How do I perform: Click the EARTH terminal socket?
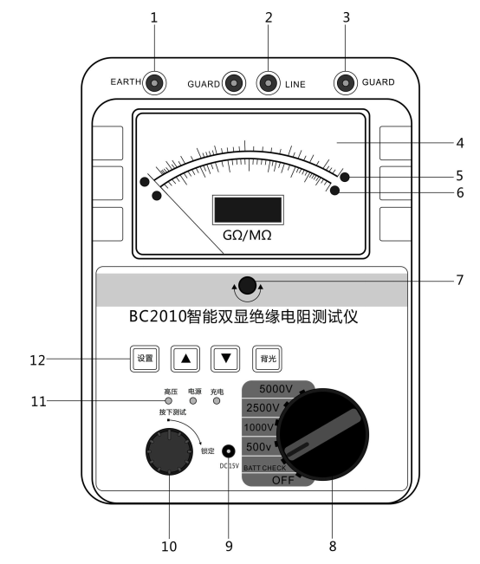(154, 83)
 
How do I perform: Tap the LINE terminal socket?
(268, 83)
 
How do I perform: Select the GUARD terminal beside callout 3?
(346, 83)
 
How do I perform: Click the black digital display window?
(248, 210)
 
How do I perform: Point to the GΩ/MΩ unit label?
(247, 236)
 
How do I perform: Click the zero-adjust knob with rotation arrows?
(247, 286)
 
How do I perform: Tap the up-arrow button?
(185, 359)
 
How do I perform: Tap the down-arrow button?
(225, 359)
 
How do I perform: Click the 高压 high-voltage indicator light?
(168, 401)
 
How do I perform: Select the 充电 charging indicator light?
(217, 401)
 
